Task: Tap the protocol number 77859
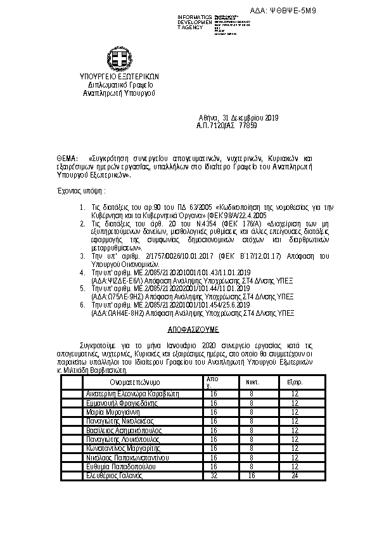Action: coord(248,126)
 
